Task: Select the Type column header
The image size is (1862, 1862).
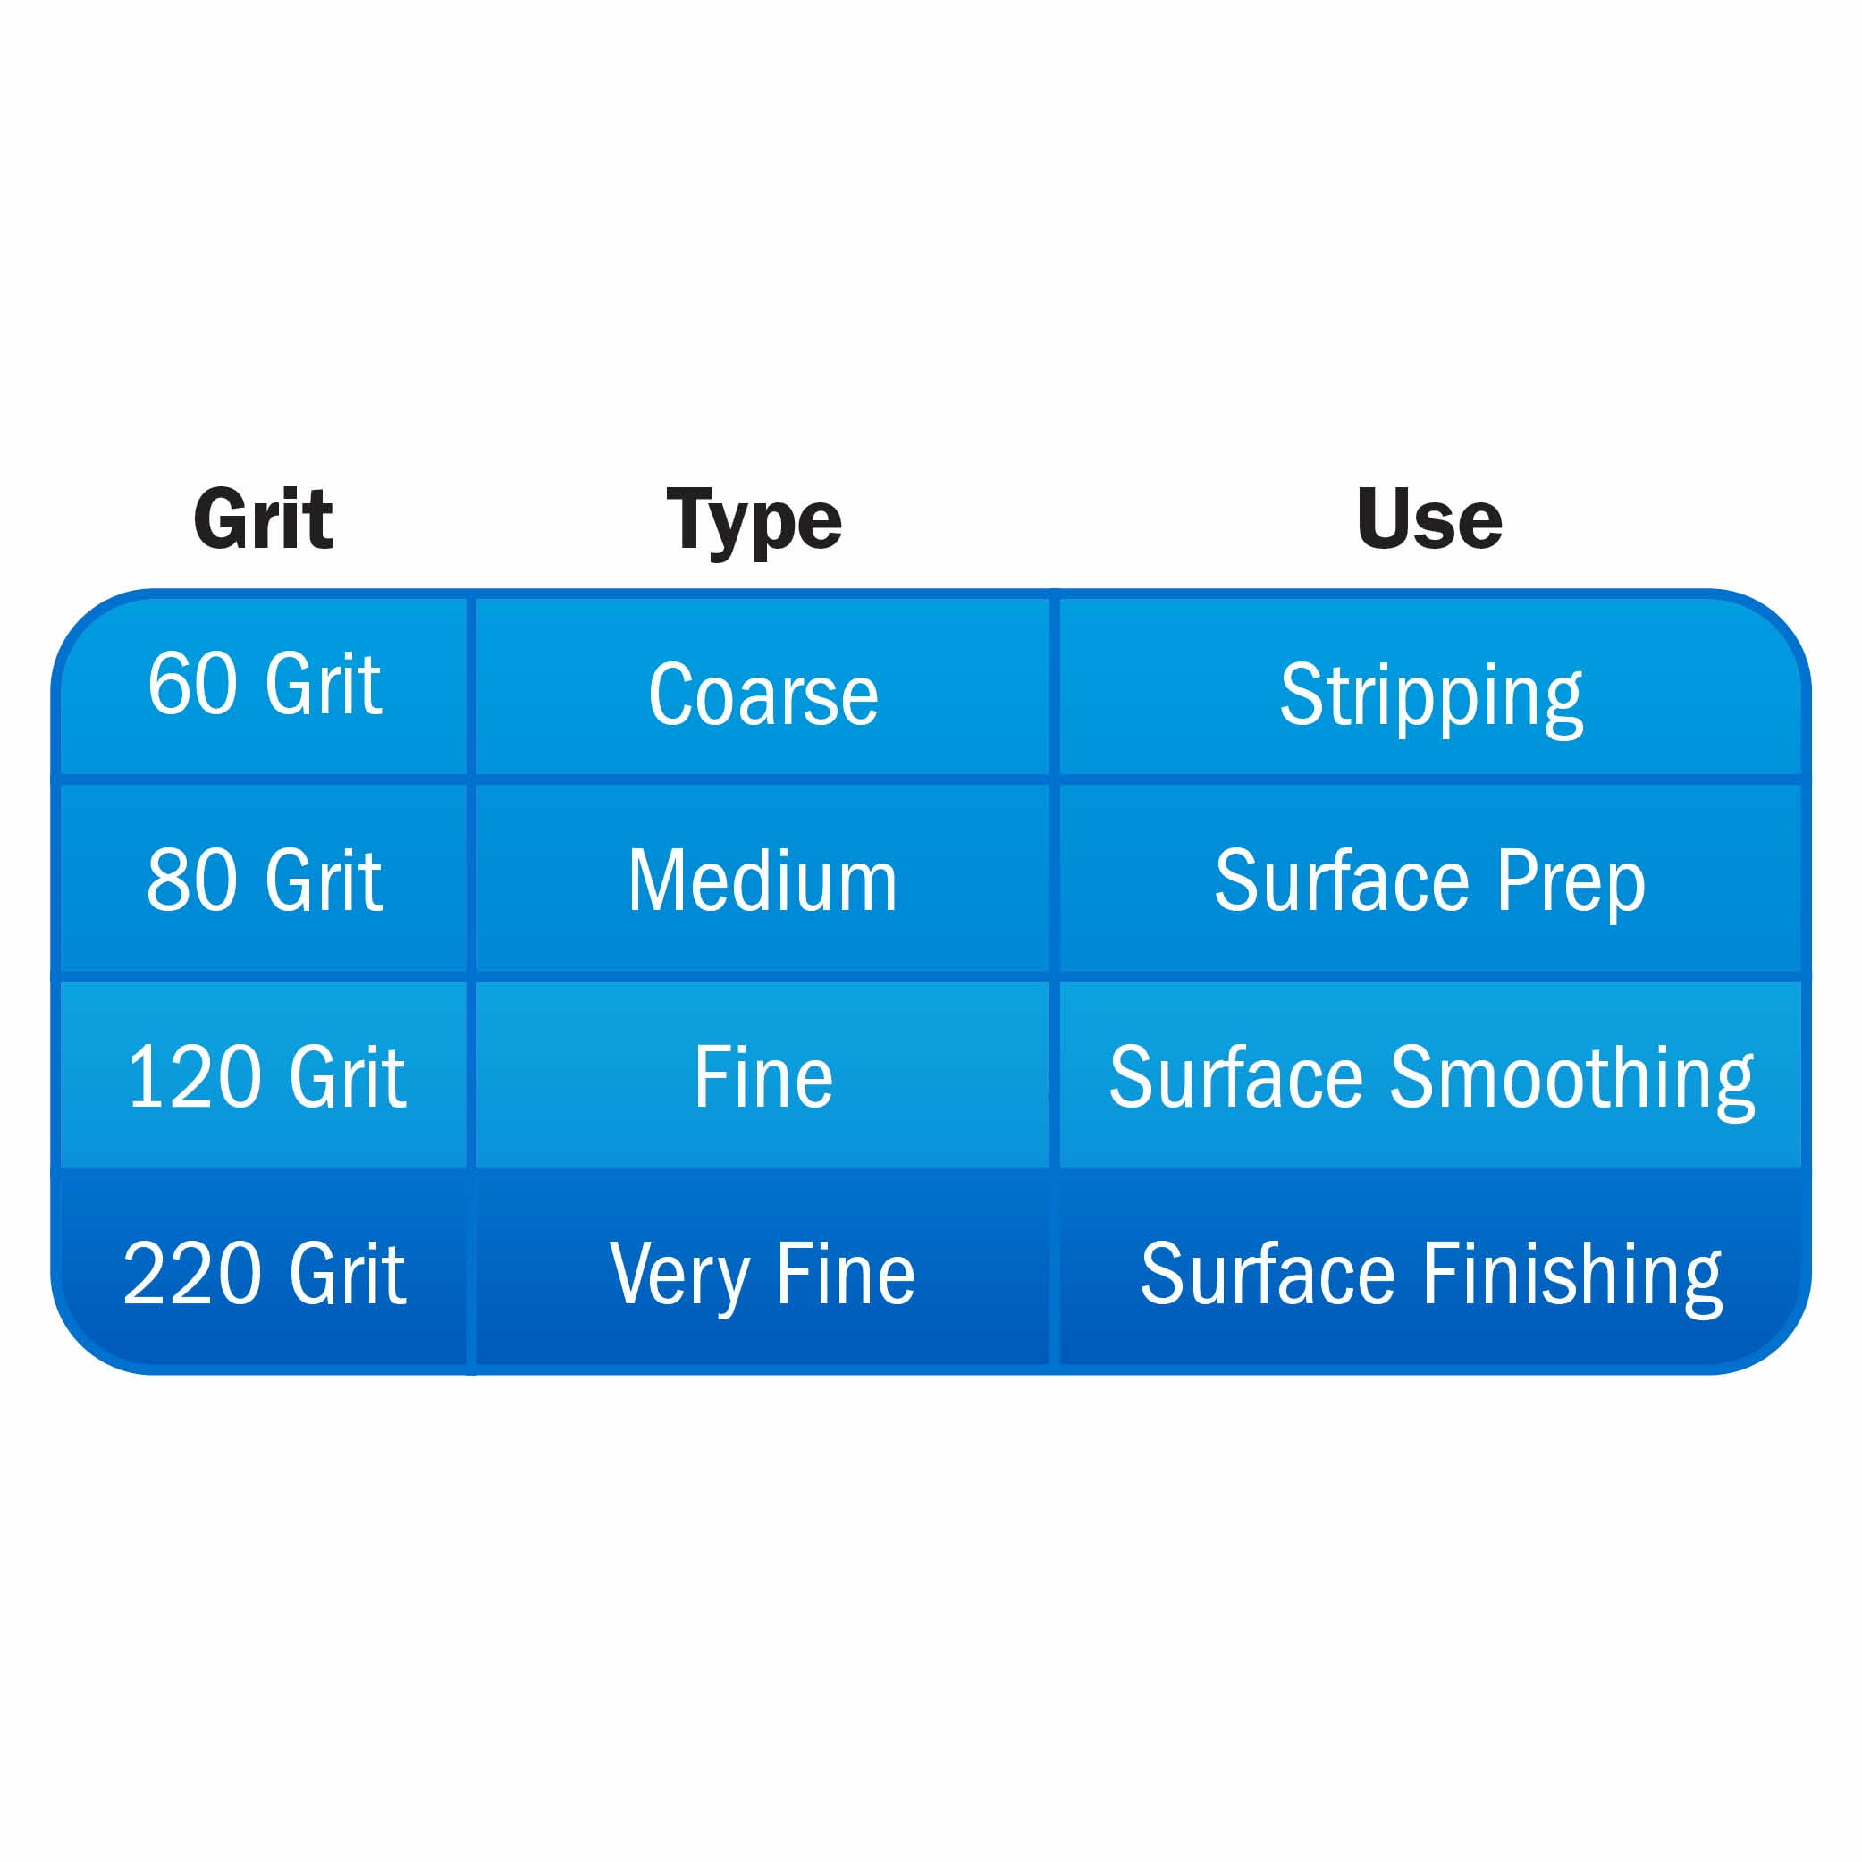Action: click(754, 521)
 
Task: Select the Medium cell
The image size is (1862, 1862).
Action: click(763, 879)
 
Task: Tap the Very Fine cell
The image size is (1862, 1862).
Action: click(763, 1272)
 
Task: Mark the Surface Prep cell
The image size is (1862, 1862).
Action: click(1431, 879)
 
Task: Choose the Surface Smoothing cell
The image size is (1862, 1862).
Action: click(1431, 1075)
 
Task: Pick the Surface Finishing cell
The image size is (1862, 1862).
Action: click(1431, 1272)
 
